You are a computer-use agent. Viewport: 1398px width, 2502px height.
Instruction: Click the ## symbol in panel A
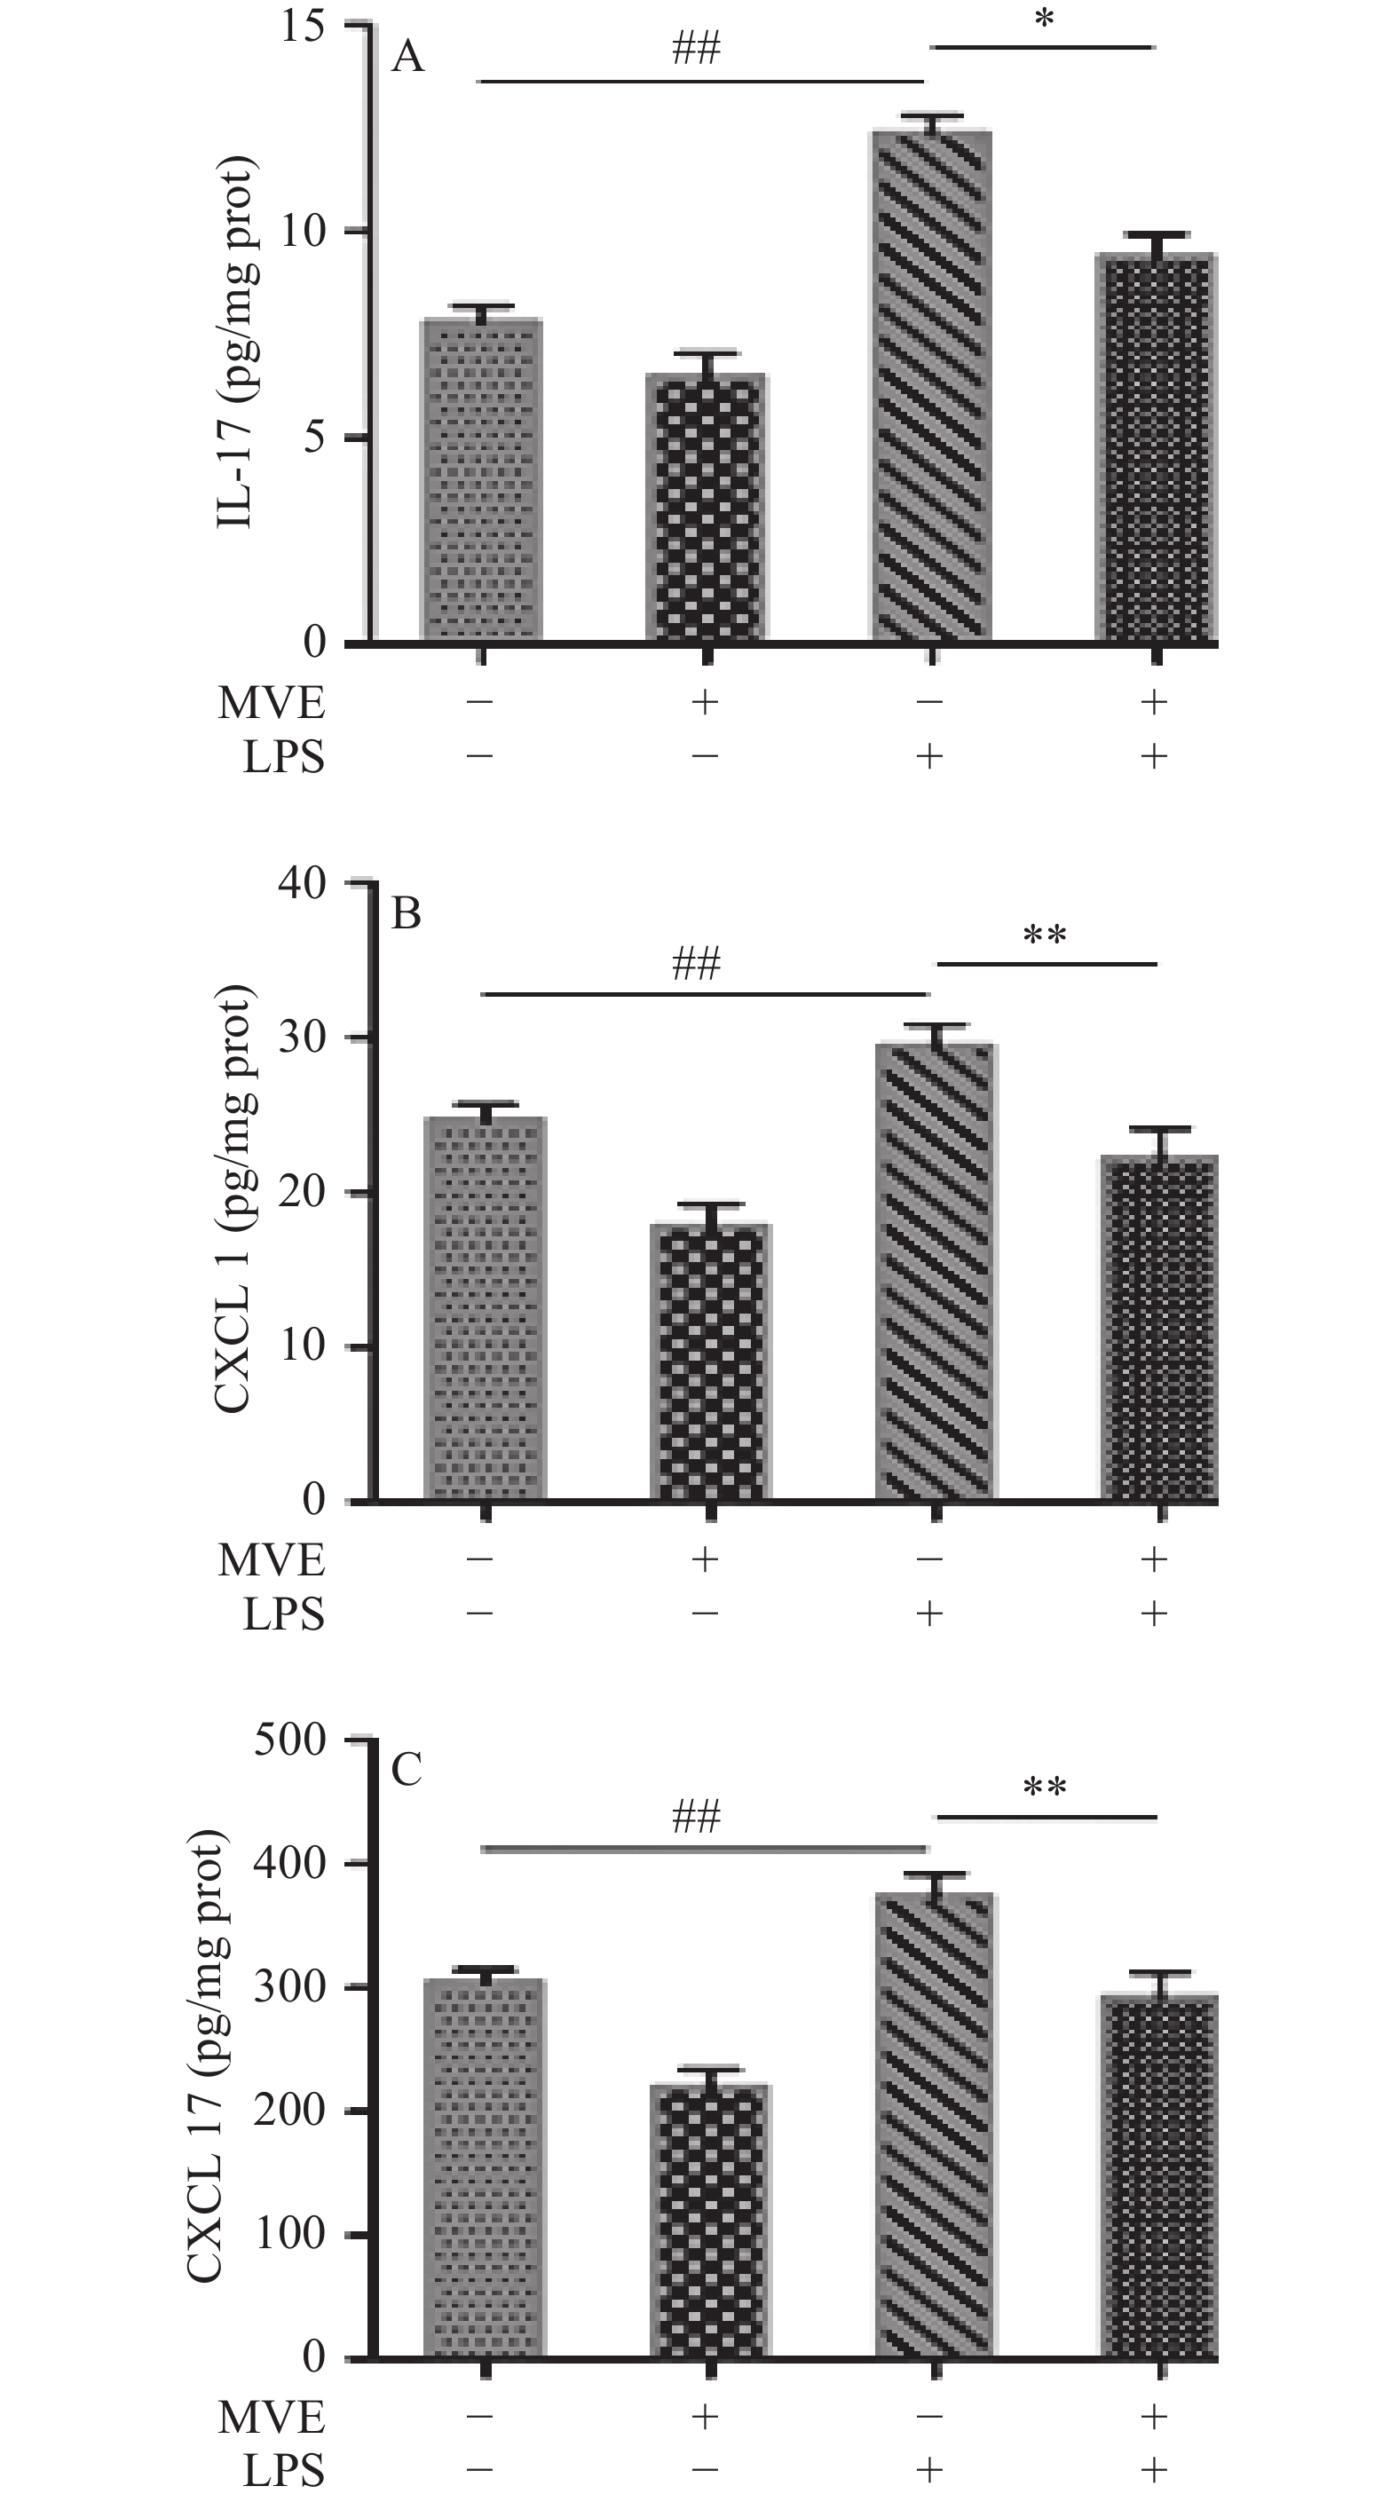(696, 49)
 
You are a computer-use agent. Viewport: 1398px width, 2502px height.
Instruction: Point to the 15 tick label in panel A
(302, 27)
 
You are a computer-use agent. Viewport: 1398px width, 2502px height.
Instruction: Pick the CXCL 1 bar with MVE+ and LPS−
(710, 1361)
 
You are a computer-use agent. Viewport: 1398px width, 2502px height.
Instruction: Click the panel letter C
(407, 1771)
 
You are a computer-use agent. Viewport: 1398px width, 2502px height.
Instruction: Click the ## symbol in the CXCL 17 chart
(696, 1816)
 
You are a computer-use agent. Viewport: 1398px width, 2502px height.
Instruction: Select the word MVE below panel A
(271, 703)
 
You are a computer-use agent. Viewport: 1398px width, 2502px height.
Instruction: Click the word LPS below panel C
(283, 2472)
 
